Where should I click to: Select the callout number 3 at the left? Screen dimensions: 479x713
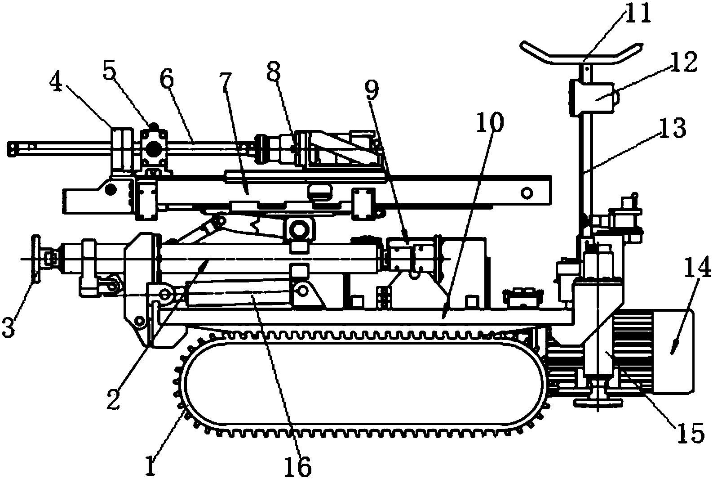pyautogui.click(x=9, y=327)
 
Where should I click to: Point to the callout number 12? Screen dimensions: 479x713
pyautogui.click(x=684, y=63)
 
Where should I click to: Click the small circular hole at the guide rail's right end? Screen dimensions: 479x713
pyautogui.click(x=525, y=193)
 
